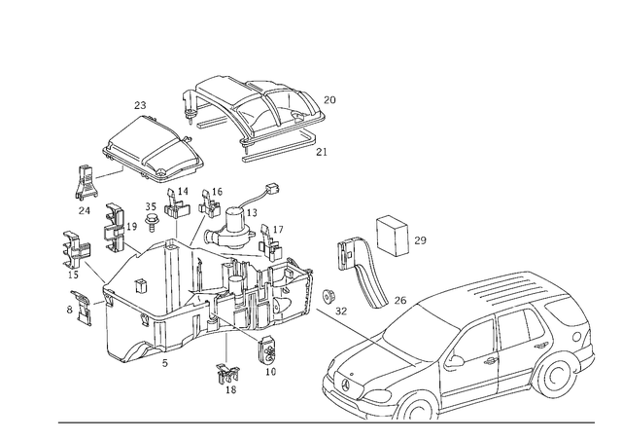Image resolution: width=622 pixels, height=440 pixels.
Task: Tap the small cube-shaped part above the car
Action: click(393, 234)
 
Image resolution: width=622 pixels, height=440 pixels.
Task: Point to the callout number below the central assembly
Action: click(229, 375)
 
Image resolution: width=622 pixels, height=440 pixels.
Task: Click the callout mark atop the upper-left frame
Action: click(144, 103)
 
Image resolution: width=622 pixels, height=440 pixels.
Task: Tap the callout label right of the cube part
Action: click(420, 238)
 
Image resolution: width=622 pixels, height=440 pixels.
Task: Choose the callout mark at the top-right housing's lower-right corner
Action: click(323, 152)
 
